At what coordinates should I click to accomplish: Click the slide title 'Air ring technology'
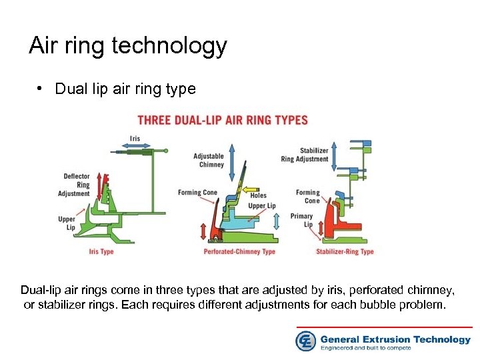[x=128, y=46]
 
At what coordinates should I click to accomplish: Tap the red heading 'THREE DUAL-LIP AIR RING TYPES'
[x=223, y=121]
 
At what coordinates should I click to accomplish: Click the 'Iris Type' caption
[x=101, y=252]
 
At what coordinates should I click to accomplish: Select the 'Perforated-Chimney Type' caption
[x=239, y=252]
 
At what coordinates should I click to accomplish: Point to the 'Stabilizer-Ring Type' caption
[x=345, y=252]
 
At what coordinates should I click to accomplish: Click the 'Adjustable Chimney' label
[x=209, y=161]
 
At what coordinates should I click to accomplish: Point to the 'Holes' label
[x=259, y=196]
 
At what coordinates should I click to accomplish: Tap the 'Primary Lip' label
[x=302, y=220]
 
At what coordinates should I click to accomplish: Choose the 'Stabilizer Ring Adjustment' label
[x=305, y=155]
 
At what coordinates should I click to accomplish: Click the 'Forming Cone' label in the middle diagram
[x=197, y=193]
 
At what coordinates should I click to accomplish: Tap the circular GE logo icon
[x=305, y=341]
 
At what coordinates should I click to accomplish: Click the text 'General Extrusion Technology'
[x=395, y=339]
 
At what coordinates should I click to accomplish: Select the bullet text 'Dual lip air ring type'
[x=125, y=89]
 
